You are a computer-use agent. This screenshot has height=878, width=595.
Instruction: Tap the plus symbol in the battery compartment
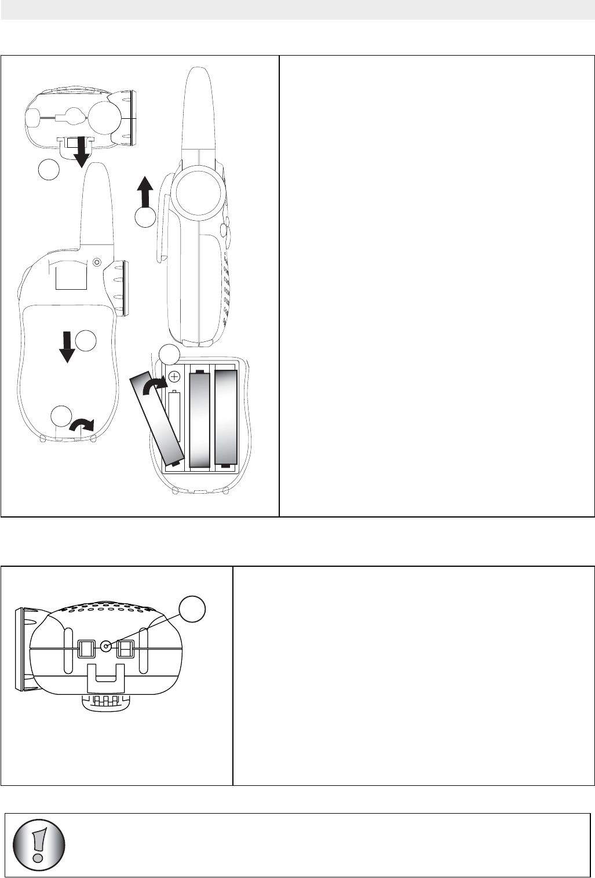coord(173,376)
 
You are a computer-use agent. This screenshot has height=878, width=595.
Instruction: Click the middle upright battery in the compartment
coord(199,419)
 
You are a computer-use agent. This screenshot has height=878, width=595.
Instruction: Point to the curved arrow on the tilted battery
coord(154,384)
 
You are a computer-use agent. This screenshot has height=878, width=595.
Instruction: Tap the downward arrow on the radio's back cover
coord(68,347)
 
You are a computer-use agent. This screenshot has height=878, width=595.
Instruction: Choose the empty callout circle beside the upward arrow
coord(145,217)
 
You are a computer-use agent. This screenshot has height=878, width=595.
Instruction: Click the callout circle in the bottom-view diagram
coord(191,612)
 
